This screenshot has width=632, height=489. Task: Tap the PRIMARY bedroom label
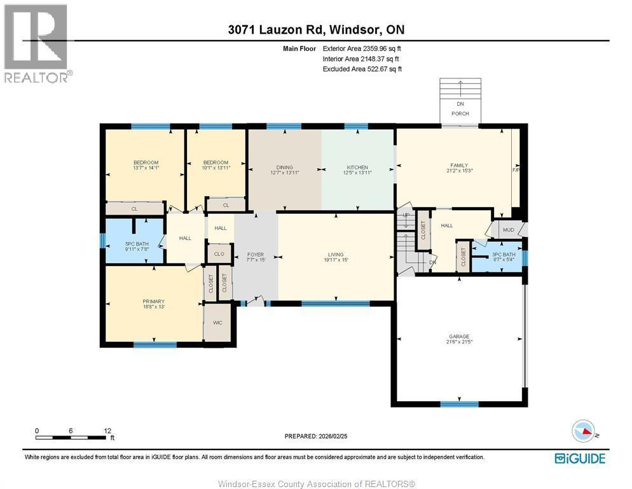153,301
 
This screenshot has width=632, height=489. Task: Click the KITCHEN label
357,167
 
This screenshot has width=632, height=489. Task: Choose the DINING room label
284,167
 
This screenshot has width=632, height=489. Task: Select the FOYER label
255,255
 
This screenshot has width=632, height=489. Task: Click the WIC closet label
217,323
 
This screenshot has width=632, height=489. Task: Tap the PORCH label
460,113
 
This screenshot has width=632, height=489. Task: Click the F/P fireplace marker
516,171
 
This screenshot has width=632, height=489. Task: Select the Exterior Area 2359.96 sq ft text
362,48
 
